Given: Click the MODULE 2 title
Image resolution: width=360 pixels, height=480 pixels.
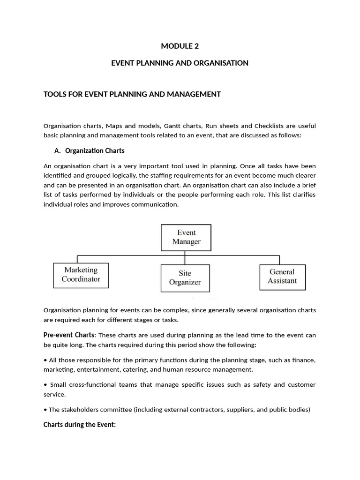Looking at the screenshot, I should [180, 46].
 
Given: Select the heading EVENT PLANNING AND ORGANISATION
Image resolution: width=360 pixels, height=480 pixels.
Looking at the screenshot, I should [180, 63].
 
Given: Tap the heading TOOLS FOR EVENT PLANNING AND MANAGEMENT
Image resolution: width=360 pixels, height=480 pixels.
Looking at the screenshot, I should [132, 94].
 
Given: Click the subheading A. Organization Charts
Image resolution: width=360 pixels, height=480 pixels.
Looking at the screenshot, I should [90, 151].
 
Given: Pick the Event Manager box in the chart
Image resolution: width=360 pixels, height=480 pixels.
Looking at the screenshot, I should [186, 237].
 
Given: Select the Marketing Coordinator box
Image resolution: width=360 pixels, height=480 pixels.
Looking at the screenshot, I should [81, 275].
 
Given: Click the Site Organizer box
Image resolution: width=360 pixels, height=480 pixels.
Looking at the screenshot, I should [185, 278].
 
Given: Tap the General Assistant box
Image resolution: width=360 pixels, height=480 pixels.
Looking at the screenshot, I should [282, 277].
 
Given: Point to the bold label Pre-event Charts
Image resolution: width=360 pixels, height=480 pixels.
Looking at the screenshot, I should [68, 335].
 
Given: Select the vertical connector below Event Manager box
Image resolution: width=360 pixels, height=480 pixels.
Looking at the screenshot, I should [186, 257].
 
